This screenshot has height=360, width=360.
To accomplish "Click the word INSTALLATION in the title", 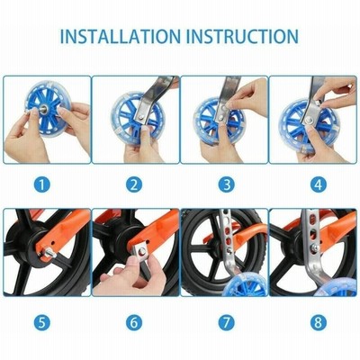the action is point(121,36).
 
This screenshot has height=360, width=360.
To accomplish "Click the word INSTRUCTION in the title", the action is point(242,36).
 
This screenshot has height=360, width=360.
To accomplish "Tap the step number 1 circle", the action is point(42,184).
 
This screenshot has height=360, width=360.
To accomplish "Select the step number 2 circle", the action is point(134,184).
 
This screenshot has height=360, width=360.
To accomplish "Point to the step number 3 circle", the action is point(227,184).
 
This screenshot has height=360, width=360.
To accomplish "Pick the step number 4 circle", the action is point(318,184).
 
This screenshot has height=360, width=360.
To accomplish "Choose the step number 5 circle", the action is point(42,323).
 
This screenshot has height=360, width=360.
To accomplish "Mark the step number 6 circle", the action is point(134,323).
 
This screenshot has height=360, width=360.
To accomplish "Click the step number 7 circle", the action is point(227,323).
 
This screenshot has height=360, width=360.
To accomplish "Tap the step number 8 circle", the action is point(318,323).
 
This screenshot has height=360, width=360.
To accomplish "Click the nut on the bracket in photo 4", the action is point(309,121).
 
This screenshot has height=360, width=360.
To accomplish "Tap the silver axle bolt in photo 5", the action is point(49,254).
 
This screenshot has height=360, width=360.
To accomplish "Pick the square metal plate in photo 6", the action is point(140,252).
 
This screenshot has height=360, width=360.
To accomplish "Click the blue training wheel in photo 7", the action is point(245,286).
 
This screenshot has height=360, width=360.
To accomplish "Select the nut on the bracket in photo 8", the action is point(314,247).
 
